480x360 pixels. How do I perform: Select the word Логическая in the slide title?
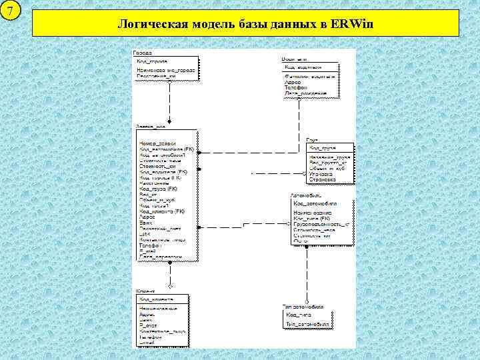[x=152, y=25]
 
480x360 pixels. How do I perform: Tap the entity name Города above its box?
[x=142, y=52]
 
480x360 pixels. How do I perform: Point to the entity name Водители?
[x=293, y=59]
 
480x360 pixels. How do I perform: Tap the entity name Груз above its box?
[x=312, y=140]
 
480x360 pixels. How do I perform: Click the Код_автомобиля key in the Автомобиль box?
[x=315, y=203]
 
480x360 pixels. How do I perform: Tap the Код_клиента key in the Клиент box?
[x=156, y=299]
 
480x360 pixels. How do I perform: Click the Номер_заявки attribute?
[x=157, y=144]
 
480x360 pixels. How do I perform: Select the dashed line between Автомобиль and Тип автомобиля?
[x=307, y=273]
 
